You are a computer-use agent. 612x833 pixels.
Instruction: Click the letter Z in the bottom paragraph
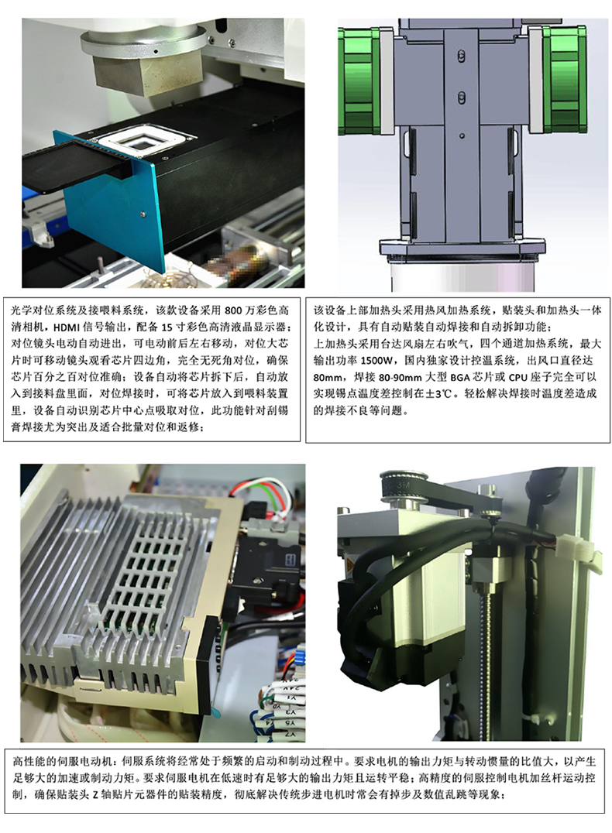(96, 795)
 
